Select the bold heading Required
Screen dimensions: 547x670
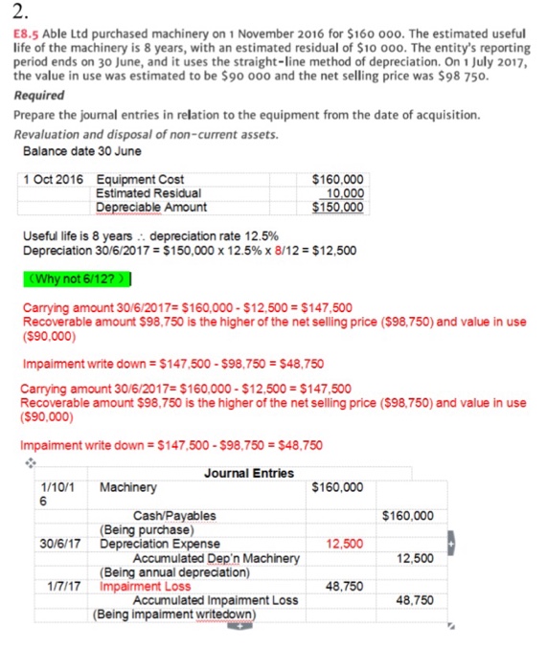pyautogui.click(x=40, y=96)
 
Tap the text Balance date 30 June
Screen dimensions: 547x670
pyautogui.click(x=82, y=150)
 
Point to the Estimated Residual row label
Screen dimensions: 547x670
pyautogui.click(x=148, y=192)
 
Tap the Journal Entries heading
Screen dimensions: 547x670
pyautogui.click(x=249, y=472)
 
